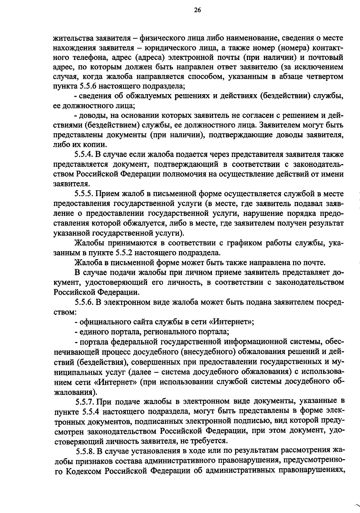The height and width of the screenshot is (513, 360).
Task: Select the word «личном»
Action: pos(207,273)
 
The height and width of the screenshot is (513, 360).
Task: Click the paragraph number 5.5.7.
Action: pos(85,401)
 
